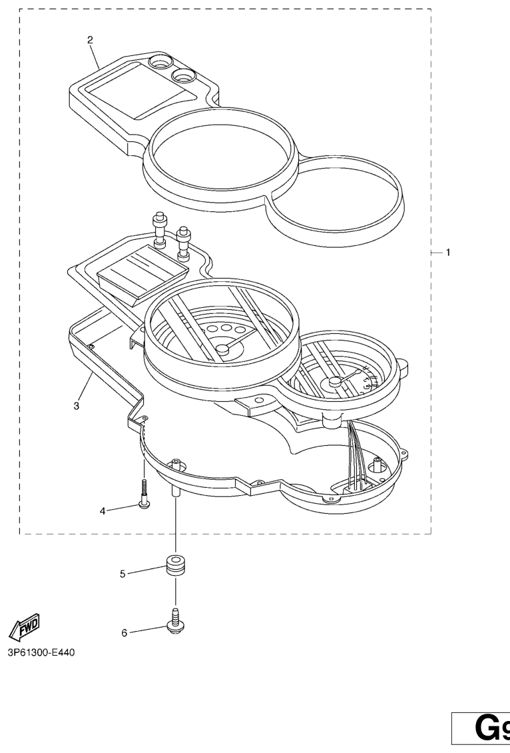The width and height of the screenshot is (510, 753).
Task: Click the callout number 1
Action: pos(448,253)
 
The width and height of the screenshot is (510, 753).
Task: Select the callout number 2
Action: pos(91,39)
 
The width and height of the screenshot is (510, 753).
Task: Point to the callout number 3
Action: pos(77,405)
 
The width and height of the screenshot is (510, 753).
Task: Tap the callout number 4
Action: pos(103,511)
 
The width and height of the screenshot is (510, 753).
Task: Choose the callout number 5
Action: pos(123,573)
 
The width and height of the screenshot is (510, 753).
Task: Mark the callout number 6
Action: pos(124,633)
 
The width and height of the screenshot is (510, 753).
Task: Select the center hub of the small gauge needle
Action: pos(334,382)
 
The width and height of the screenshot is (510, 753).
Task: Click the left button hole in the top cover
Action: pos(159,63)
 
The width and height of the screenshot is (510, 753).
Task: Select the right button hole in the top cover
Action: pos(183,75)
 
